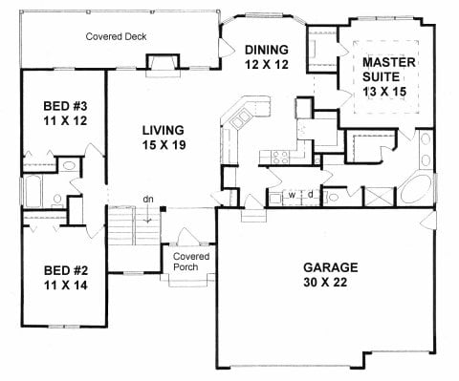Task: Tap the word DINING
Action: [x=262, y=51]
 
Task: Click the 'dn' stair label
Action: [x=148, y=199]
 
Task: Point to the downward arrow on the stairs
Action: [x=148, y=219]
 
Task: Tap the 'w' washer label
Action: [x=292, y=196]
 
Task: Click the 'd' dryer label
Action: [x=310, y=196]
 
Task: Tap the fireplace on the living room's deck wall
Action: [x=159, y=63]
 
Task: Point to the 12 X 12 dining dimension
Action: [x=262, y=66]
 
